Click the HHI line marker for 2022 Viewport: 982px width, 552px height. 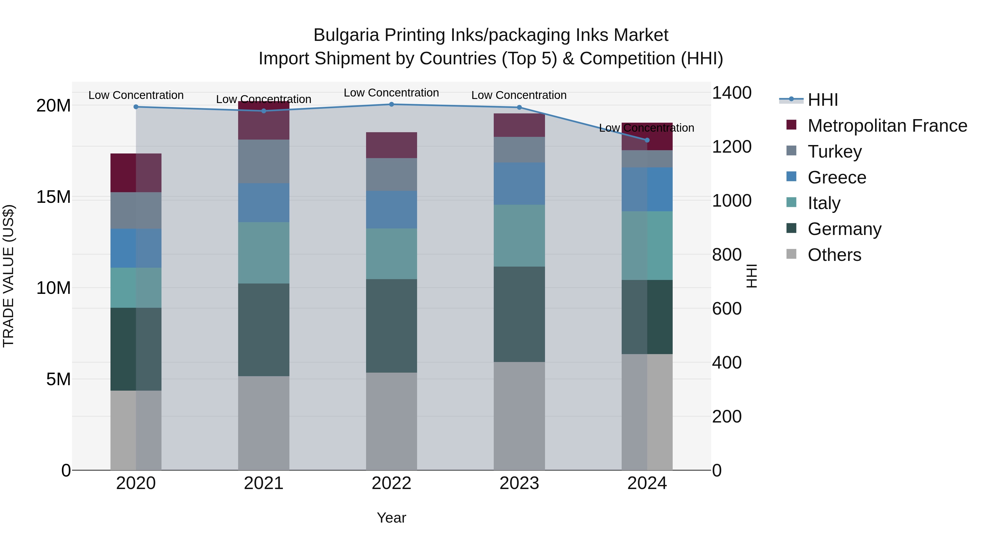391,104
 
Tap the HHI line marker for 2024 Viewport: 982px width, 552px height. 647,140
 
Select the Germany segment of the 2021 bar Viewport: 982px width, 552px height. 264,330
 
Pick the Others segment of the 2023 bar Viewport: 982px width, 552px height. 519,416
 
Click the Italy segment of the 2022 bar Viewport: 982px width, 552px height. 391,254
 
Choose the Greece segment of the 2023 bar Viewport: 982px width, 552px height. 519,184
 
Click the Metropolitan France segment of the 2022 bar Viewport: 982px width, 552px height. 391,145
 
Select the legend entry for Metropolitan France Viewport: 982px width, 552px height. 887,126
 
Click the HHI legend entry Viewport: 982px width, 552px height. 822,100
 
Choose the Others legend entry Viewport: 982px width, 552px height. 834,255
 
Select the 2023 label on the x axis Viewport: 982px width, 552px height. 519,483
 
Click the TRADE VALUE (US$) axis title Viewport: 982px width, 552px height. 8,276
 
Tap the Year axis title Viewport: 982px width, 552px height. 391,518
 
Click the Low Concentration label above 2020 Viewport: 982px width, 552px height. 136,95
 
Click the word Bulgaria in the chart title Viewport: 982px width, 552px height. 346,35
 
